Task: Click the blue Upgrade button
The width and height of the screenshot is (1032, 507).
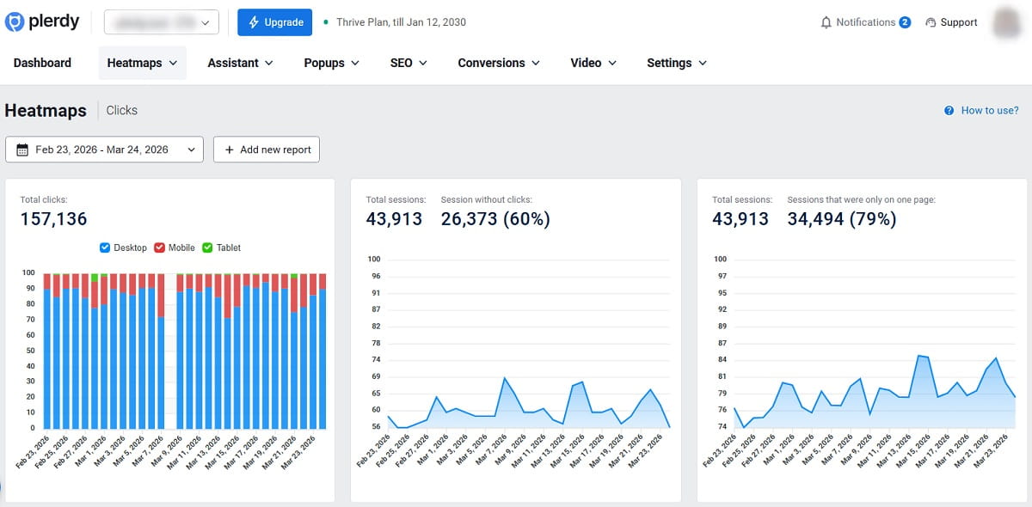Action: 274,22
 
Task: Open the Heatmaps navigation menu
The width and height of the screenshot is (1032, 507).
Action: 142,63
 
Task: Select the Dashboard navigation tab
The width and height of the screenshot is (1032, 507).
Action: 42,63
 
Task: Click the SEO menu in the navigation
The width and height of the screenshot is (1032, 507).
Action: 408,63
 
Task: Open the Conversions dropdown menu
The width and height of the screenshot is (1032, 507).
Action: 498,63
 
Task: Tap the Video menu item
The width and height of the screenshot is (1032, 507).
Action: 593,63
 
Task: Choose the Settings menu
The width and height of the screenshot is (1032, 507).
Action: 676,63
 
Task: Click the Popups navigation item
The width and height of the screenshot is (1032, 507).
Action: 331,63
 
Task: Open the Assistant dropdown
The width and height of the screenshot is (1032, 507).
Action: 240,63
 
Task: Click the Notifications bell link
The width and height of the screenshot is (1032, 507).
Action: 865,22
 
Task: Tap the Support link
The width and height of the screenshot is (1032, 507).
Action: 951,22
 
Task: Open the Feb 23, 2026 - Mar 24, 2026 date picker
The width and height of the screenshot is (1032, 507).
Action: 104,150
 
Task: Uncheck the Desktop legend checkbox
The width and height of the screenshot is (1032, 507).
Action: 106,247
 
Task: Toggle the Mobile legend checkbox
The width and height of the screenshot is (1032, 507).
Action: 160,247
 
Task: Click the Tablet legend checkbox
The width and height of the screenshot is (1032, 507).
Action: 207,247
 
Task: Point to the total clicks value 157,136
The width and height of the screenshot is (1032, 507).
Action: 53,219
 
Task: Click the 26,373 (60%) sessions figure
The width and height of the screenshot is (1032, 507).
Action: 494,219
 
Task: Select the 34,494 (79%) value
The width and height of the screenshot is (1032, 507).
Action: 841,219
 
